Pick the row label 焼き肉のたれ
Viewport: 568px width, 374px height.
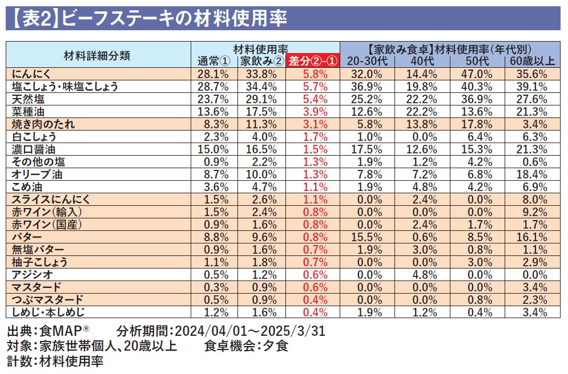click(x=43, y=124)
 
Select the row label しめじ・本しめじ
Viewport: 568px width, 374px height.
click(x=47, y=312)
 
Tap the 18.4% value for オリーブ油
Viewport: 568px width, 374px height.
click(x=532, y=174)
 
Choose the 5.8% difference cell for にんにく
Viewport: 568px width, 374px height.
click(x=313, y=74)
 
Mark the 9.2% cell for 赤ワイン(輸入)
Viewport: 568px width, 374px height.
click(x=532, y=212)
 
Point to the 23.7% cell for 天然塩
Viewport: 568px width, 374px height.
click(x=213, y=99)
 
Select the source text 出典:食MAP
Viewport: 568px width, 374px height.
click(x=49, y=332)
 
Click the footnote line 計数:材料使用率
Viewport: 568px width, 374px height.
click(x=55, y=361)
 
